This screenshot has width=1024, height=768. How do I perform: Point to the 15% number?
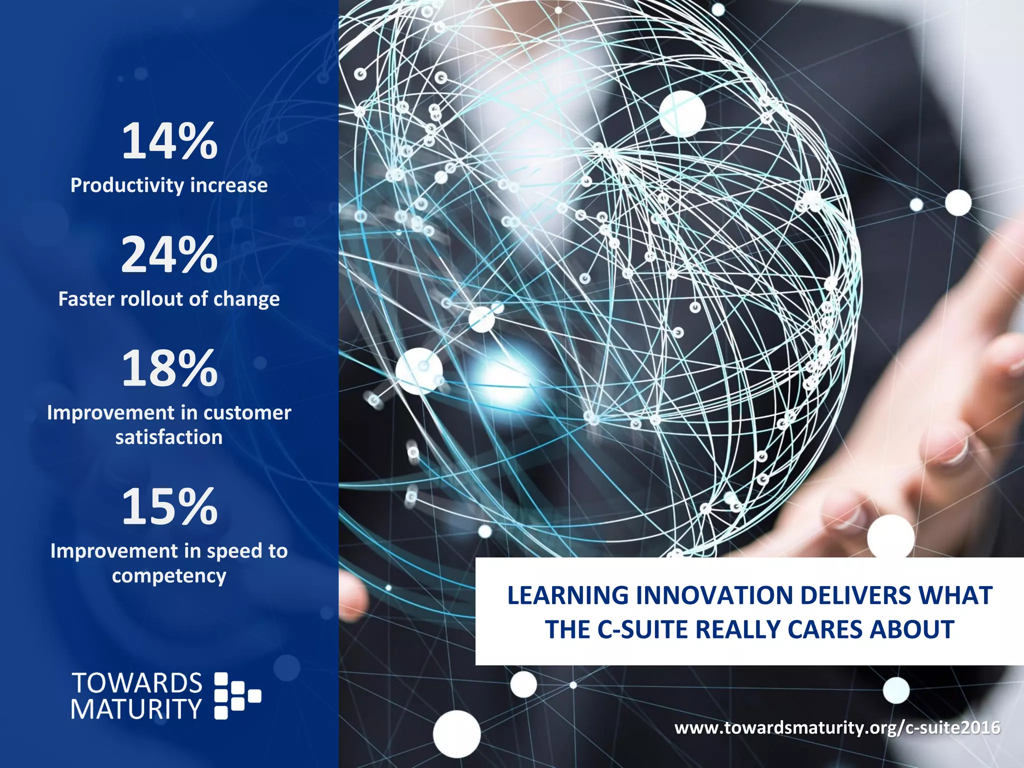tap(169, 507)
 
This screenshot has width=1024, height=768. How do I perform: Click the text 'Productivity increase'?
tap(169, 185)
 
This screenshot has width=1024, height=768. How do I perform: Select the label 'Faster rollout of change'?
tap(169, 299)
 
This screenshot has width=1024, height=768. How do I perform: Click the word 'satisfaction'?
tap(169, 437)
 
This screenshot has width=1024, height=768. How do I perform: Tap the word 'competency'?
tap(169, 576)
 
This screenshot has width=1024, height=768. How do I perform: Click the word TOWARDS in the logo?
tap(137, 683)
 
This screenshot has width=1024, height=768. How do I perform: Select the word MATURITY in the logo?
tap(136, 709)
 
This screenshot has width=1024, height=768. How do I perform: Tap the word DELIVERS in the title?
tap(855, 595)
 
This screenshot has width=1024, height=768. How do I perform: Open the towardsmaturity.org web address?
tap(837, 727)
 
